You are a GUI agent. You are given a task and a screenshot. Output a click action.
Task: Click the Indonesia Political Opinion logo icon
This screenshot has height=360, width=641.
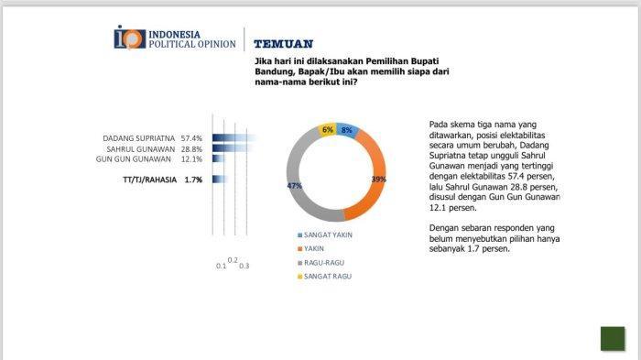point(130,38)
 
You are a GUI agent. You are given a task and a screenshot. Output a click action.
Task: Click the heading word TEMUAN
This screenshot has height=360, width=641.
point(284,44)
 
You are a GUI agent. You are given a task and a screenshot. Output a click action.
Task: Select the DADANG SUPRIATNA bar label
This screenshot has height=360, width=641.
point(138,138)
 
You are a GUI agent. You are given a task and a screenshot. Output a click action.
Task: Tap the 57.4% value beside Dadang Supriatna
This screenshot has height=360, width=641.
point(191,138)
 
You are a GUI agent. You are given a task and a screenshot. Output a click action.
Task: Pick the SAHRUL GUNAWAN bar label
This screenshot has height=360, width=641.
point(141,149)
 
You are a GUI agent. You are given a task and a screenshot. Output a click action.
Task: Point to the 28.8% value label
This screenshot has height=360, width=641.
point(191,149)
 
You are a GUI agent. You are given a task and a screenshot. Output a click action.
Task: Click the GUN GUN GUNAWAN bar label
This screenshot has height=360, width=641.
point(134,159)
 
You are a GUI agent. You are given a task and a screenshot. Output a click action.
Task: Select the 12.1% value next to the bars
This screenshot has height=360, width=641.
point(191,159)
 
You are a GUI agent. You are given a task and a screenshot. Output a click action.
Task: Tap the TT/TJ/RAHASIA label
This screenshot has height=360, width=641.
point(149,180)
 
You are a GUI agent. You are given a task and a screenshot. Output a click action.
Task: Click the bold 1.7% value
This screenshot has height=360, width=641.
point(193,180)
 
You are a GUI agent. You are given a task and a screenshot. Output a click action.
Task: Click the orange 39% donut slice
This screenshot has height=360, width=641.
point(374,176)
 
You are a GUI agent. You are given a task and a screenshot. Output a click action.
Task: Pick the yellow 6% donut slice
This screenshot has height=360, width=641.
point(327,130)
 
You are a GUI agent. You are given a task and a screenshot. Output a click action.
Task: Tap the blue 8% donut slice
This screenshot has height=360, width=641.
point(347,130)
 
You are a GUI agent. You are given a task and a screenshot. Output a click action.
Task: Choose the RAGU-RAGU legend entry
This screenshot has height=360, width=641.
point(320,263)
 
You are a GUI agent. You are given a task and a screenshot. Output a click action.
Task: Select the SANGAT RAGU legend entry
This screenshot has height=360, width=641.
point(324,277)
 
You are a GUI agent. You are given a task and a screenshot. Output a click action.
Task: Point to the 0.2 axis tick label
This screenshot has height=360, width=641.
point(233,260)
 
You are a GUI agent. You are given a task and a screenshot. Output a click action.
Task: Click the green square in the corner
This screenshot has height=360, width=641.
point(613,338)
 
